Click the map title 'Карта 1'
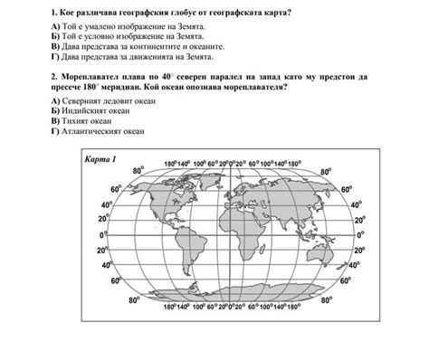(101, 160)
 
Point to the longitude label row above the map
(232, 164)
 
